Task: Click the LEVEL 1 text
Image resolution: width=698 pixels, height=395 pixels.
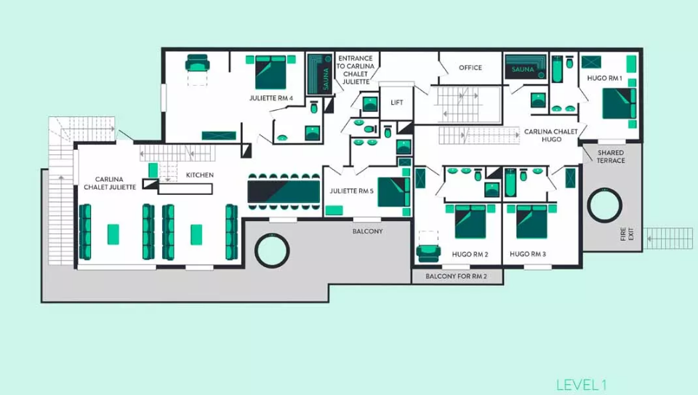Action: [581, 385]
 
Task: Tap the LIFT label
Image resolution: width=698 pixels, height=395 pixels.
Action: [397, 103]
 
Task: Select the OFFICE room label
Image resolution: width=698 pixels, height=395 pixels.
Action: [470, 68]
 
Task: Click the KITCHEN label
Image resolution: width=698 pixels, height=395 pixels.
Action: [200, 175]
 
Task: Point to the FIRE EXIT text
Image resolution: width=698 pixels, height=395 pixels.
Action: [626, 234]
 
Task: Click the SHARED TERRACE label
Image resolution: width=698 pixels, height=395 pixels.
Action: [611, 156]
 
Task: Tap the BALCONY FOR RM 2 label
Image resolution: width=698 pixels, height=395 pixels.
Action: [456, 276]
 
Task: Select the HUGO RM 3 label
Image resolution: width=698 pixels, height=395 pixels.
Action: [528, 254]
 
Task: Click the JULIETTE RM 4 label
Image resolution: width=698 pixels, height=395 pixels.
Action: [271, 98]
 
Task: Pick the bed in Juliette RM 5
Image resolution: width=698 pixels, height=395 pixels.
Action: [393, 192]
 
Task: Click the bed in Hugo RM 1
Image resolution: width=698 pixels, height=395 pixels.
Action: [619, 104]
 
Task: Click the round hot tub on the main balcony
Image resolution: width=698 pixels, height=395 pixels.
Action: [272, 250]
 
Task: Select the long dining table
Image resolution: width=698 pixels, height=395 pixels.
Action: [284, 191]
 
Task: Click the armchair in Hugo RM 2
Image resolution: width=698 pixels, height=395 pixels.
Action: [428, 253]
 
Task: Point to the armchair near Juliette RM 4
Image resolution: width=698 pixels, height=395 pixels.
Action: [197, 63]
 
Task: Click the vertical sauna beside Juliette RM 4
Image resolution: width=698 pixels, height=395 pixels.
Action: [320, 74]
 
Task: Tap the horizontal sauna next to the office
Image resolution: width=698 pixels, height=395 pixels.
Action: [526, 67]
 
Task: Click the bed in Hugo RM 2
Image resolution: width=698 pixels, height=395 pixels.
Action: [470, 221]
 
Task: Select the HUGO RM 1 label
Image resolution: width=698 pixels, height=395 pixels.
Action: [604, 79]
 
